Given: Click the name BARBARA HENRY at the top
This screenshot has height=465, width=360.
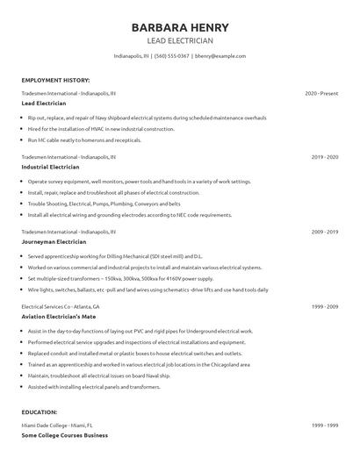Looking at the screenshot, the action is [179, 27].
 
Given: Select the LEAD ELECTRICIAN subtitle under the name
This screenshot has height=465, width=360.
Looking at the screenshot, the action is [179, 40].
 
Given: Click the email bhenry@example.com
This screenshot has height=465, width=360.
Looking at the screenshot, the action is [220, 56].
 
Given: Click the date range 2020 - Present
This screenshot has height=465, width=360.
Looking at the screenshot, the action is [321, 93].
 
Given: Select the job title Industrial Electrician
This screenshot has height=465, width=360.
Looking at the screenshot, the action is [50, 167].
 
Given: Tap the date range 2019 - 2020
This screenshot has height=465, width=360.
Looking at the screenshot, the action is [325, 157].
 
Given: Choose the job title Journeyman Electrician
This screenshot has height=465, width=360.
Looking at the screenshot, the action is [54, 241].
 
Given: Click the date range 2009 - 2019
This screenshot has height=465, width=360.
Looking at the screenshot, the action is [325, 232].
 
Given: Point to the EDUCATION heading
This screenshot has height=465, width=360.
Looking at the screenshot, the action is [40, 411].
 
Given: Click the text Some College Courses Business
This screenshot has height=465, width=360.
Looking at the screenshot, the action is [64, 434].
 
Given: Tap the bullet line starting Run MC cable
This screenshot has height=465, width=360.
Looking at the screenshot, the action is [84, 139].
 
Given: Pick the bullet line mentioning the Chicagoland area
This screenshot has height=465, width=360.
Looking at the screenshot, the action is [139, 363].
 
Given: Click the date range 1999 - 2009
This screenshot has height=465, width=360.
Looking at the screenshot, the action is [325, 306].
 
